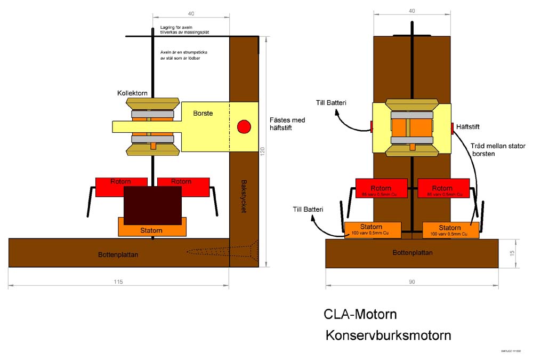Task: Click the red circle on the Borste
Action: point(244,127)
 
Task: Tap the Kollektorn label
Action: point(133,93)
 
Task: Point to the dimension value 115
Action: point(118,282)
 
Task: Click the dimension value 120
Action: point(262,151)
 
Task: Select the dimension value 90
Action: point(411,282)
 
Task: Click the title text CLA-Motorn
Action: point(360,314)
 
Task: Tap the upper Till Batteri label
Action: point(330,102)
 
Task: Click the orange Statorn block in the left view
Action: point(152,230)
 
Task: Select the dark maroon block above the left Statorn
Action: point(152,205)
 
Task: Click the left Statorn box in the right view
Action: point(373,229)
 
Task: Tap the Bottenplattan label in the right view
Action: point(413,253)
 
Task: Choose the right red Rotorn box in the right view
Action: point(442,190)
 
